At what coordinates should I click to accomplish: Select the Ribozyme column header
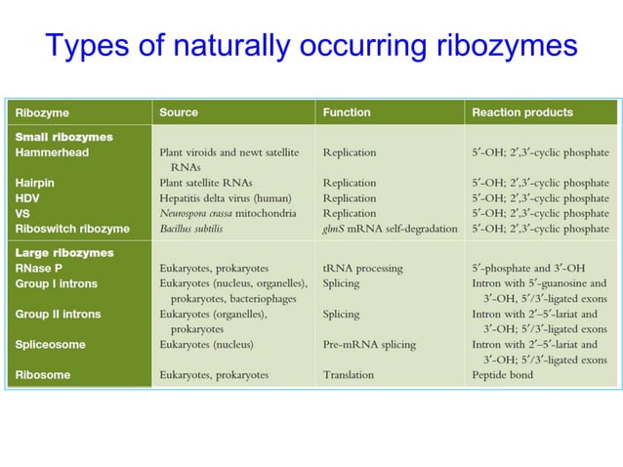[42, 112]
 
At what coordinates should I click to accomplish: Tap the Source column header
[180, 112]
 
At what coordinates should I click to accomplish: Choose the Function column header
[347, 112]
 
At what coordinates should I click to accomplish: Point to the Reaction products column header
[522, 112]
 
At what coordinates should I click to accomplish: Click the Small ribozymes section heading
[64, 138]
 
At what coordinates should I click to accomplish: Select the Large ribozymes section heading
[64, 253]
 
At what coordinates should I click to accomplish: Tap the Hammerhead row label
[51, 152]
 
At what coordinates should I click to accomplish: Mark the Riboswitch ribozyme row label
[72, 229]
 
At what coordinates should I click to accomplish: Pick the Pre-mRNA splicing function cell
[369, 345]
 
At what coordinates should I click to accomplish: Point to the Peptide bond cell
[503, 374]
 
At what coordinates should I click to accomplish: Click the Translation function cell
[349, 374]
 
